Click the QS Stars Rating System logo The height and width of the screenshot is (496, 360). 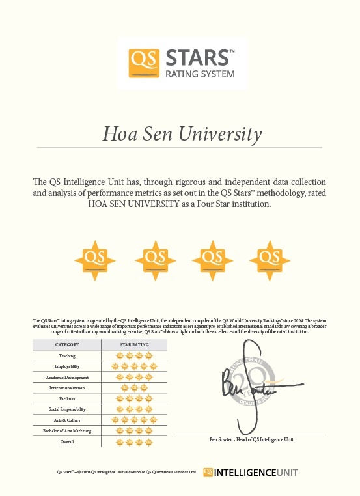[180, 63]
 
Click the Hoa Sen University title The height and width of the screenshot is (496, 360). [182, 135]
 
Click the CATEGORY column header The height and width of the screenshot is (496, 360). [67, 344]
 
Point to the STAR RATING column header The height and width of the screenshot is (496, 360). [134, 344]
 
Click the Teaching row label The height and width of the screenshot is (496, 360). [67, 356]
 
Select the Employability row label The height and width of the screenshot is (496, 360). [67, 366]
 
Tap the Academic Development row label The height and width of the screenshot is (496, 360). [67, 378]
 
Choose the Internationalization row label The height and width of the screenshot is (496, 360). [67, 388]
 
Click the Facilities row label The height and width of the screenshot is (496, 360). [67, 398]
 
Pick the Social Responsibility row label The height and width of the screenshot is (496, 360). [67, 409]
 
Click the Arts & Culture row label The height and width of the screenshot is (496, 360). [67, 420]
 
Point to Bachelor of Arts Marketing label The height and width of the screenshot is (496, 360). [67, 431]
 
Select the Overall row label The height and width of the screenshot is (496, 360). [67, 441]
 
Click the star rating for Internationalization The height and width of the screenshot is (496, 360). [134, 388]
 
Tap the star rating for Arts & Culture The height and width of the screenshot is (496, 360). [134, 420]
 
